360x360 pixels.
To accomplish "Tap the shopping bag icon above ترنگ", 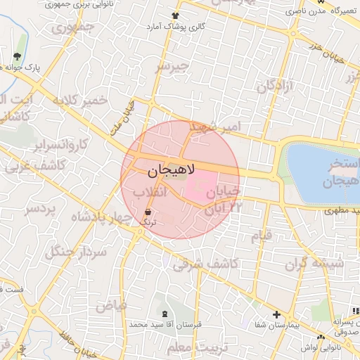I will [x=148, y=212].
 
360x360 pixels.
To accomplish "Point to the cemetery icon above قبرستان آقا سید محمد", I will [x=164, y=314].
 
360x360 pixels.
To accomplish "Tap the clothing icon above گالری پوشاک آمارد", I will [x=175, y=15].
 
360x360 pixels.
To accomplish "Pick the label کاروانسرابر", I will [x=62, y=146].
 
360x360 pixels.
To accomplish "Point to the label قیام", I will [x=262, y=237].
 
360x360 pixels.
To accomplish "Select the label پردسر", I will [x=42, y=209].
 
